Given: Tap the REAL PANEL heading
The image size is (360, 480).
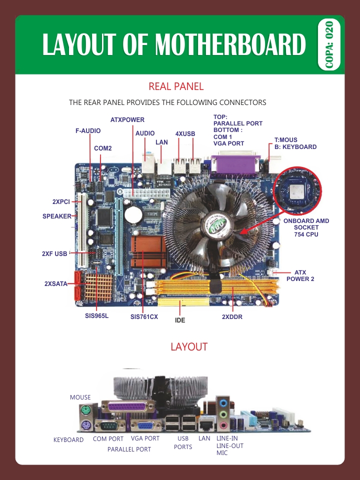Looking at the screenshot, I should click(176, 86).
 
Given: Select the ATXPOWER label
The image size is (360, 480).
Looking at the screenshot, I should click(127, 120).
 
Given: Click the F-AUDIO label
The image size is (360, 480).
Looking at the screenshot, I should click(88, 131).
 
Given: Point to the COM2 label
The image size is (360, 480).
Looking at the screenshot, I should click(103, 148).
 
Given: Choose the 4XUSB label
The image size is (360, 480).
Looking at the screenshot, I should click(185, 134).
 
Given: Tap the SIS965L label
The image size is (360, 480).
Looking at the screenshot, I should click(96, 316).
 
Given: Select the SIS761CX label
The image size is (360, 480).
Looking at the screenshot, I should click(144, 316).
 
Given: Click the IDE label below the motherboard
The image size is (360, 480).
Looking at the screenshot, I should click(180, 320).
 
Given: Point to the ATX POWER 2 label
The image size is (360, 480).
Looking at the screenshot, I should click(300, 275).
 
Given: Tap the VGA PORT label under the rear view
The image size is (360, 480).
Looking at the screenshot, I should click(145, 438).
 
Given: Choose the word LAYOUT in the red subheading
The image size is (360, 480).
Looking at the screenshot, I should click(189, 347).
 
